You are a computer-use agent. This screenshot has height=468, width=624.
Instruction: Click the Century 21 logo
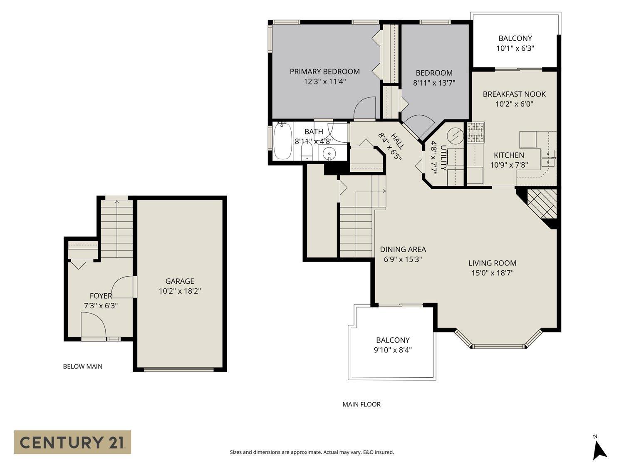pyautogui.click(x=72, y=442)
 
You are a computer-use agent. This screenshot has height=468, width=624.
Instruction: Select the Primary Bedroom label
pyautogui.click(x=324, y=72)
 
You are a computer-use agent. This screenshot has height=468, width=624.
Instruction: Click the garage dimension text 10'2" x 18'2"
pyautogui.click(x=180, y=291)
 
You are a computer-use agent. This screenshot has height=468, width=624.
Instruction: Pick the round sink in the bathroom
pyautogui.click(x=329, y=154)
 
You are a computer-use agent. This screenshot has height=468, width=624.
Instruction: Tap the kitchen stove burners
pyautogui.click(x=475, y=133)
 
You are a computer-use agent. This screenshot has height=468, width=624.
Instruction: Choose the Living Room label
pyautogui.click(x=492, y=263)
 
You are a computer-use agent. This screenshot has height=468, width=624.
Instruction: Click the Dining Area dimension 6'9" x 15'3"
pyautogui.click(x=403, y=259)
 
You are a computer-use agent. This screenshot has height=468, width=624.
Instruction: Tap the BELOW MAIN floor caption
pyautogui.click(x=82, y=366)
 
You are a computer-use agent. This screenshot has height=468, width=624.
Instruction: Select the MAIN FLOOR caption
pyautogui.click(x=361, y=404)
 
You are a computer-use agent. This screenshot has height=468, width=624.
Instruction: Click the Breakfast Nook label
pyautogui.click(x=514, y=94)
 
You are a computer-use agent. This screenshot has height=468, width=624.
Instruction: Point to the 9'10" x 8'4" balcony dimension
pyautogui.click(x=393, y=350)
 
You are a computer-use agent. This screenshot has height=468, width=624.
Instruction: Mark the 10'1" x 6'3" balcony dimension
pyautogui.click(x=515, y=48)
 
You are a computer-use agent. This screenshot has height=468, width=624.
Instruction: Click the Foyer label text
pyautogui.click(x=101, y=296)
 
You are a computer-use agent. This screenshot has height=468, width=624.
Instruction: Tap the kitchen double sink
pyautogui.click(x=548, y=158)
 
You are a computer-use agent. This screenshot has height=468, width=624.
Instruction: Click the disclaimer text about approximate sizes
pyautogui.click(x=312, y=452)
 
